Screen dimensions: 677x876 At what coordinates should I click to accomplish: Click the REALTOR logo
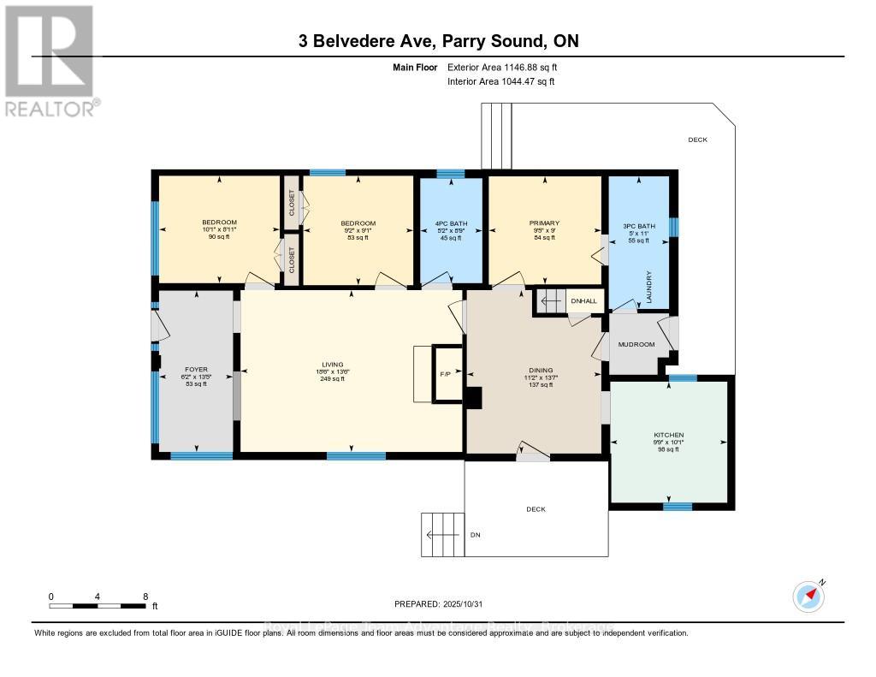(x=50, y=61)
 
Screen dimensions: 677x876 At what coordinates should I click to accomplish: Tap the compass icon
(x=808, y=596)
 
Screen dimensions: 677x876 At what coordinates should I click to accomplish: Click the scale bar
(x=98, y=606)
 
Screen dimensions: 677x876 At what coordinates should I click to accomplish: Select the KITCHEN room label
(x=669, y=435)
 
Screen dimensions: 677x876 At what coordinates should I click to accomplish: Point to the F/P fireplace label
(x=445, y=374)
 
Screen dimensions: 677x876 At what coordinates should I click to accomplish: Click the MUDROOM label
(x=636, y=344)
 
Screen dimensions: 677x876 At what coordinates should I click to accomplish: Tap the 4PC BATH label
(x=449, y=223)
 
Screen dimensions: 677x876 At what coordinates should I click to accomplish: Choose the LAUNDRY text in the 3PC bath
(x=651, y=282)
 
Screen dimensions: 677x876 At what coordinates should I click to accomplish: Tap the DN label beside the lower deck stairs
(x=476, y=535)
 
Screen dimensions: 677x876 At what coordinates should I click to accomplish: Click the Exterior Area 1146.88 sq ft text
(x=503, y=67)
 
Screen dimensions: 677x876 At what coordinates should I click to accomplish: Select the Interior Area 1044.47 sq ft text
(x=501, y=81)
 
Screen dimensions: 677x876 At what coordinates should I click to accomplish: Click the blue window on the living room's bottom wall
(x=355, y=455)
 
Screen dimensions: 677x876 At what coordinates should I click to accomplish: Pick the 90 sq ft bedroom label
(x=219, y=237)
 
